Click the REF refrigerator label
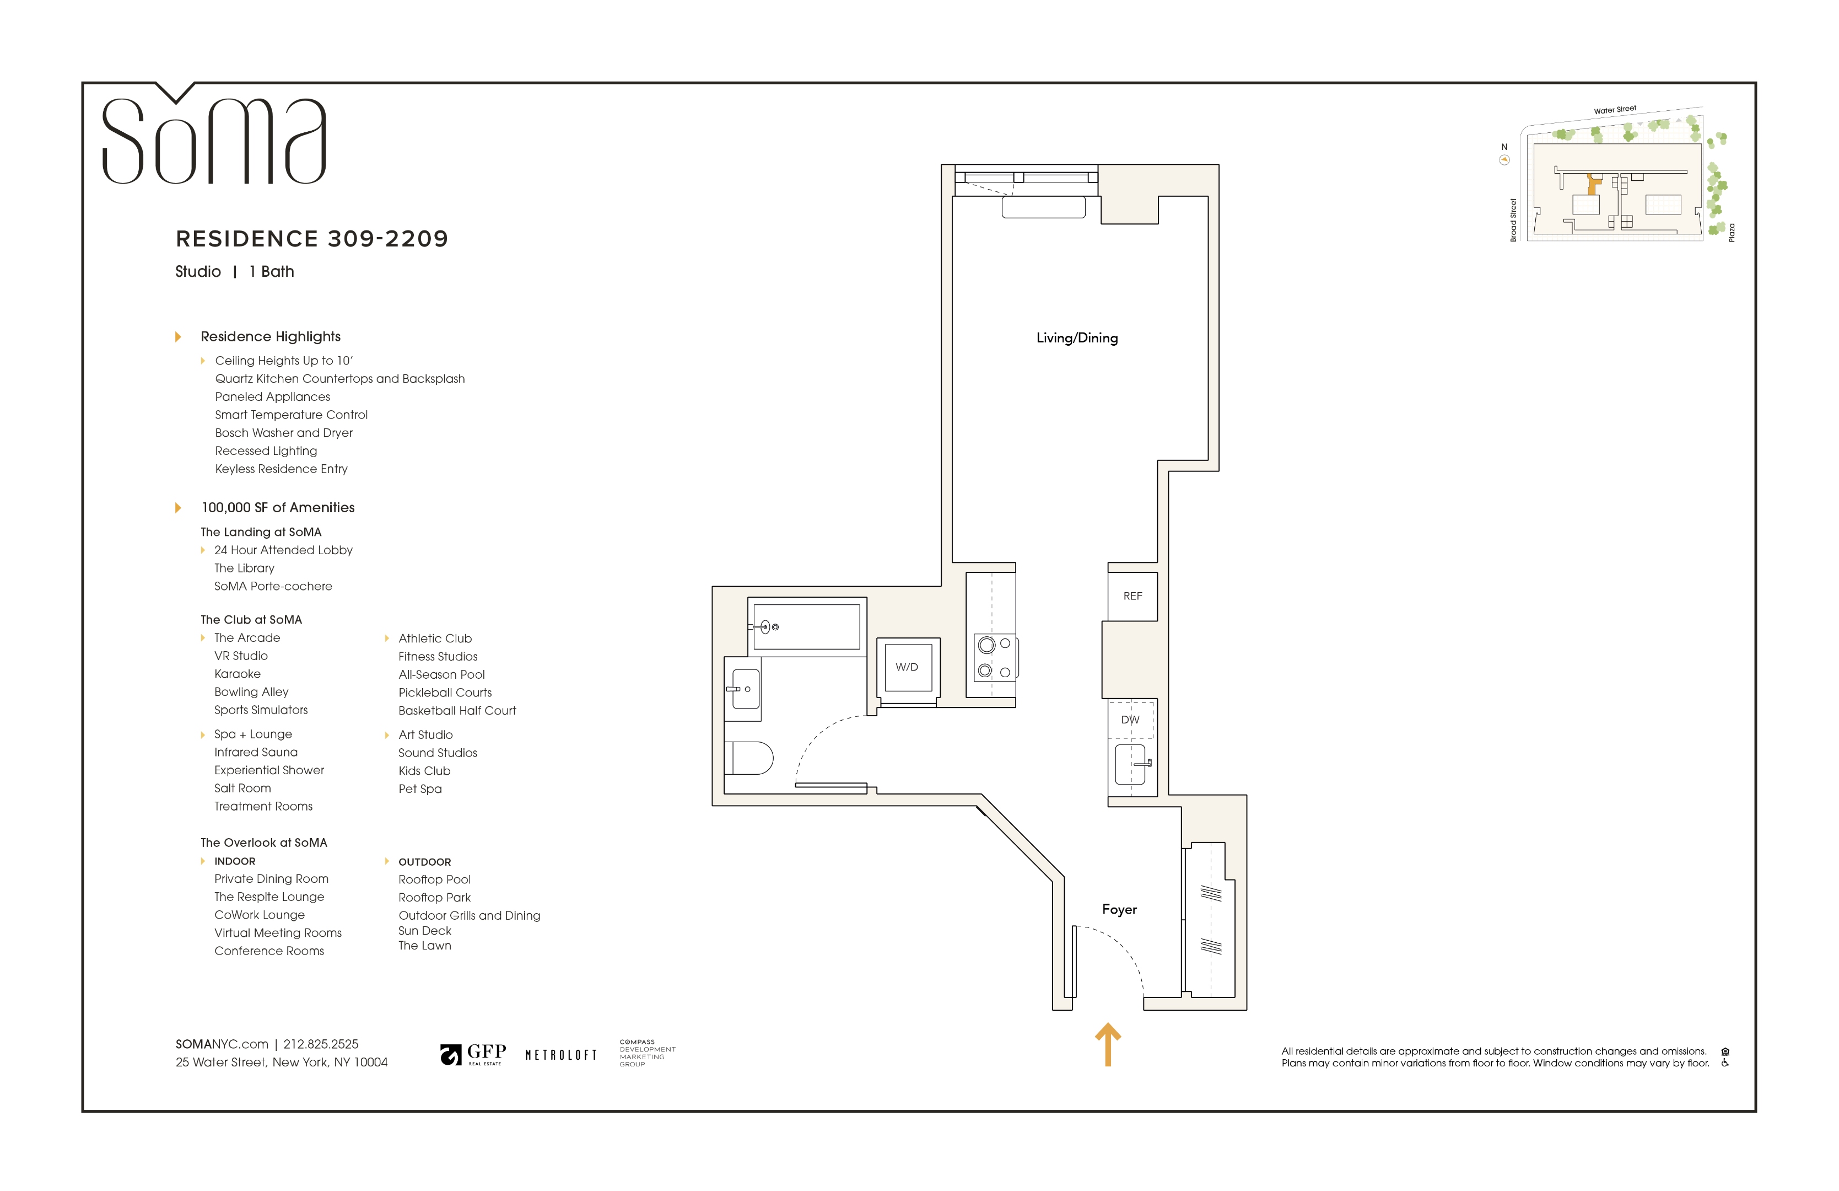click(1132, 596)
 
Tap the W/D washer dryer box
click(907, 667)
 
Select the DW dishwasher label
click(1130, 720)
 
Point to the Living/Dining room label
click(1076, 338)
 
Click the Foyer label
click(1119, 910)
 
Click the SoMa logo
click(214, 139)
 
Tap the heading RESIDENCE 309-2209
click(311, 239)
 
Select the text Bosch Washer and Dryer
click(284, 433)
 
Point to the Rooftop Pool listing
click(434, 879)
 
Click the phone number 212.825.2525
click(321, 1044)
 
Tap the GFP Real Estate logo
click(473, 1054)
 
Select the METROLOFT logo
click(561, 1055)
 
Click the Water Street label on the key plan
click(1614, 110)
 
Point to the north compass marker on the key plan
click(1503, 159)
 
